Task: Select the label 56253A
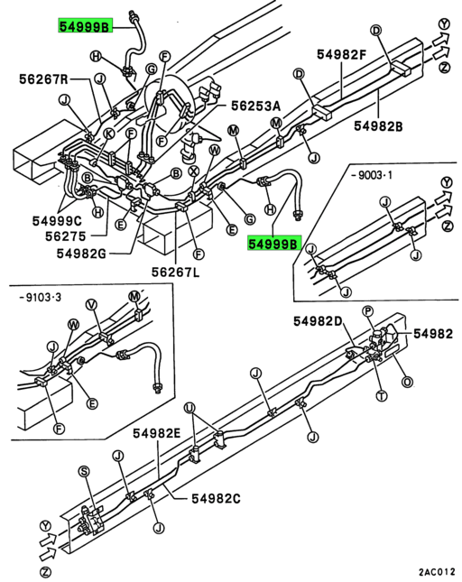[x=256, y=106]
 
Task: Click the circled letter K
[x=108, y=134]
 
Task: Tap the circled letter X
[x=193, y=171]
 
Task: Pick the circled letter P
[x=367, y=311]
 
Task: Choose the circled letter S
[x=84, y=471]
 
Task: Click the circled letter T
[x=381, y=395]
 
